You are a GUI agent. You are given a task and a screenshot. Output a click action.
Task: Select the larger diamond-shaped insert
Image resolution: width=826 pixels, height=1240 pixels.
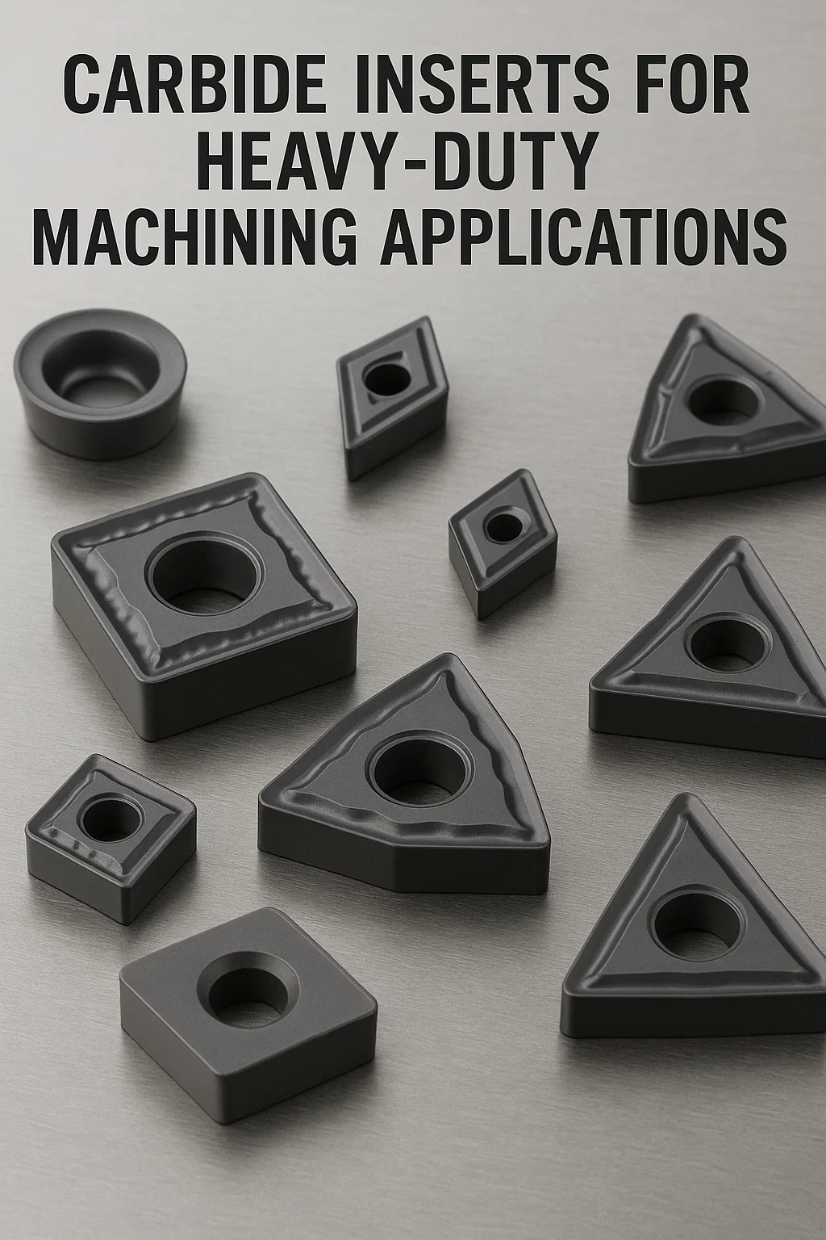point(392,397)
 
